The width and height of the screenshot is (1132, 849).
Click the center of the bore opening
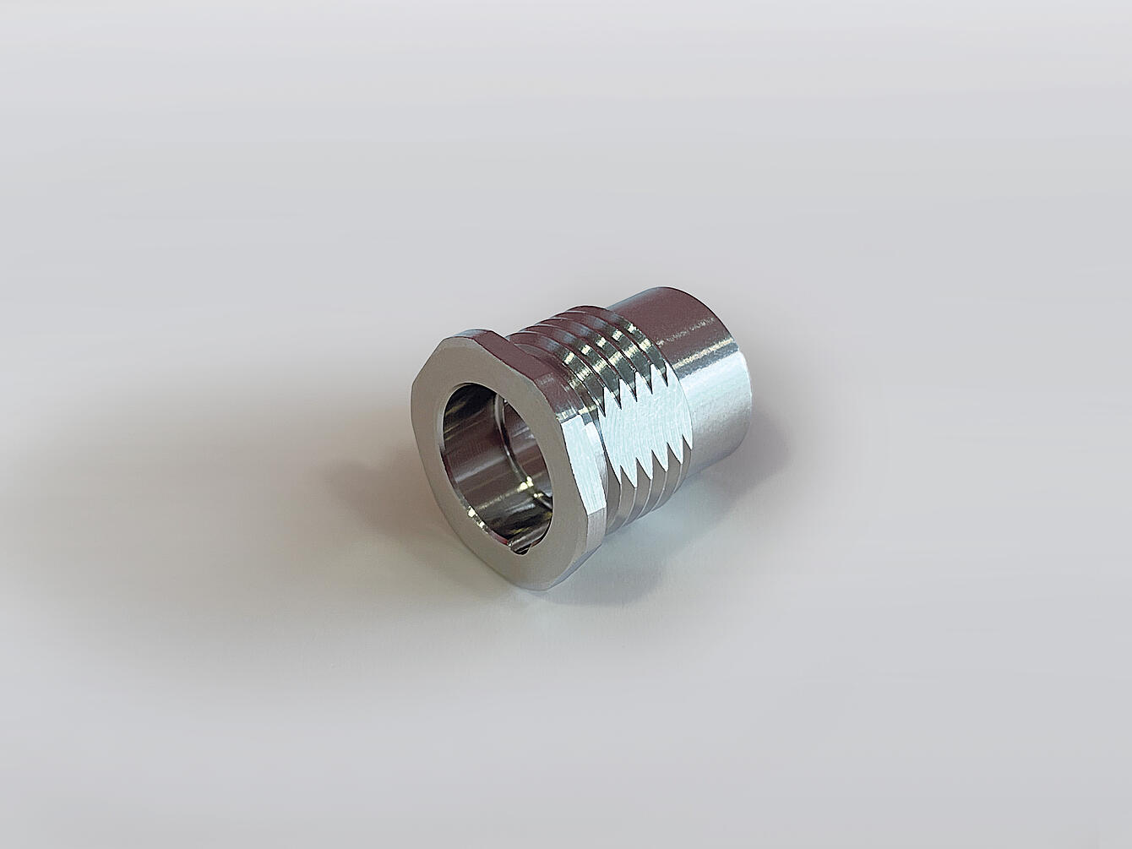click(x=494, y=452)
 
